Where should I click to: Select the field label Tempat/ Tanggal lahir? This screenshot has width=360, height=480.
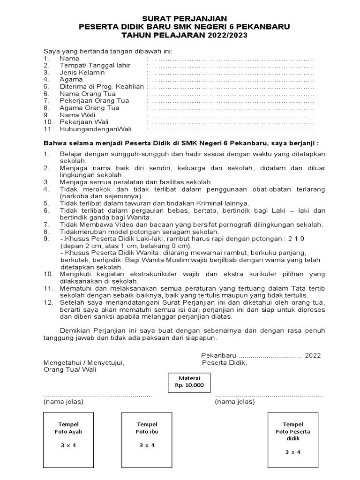point(95,66)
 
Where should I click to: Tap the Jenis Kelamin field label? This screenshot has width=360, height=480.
point(82,73)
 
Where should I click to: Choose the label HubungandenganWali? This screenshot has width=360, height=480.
point(96,129)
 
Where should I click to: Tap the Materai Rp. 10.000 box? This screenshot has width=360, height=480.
point(189,382)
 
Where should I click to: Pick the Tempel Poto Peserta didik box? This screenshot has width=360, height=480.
point(292,438)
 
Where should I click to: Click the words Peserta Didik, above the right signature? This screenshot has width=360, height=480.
point(224,363)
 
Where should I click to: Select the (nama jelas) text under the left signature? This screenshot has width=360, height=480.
point(63,402)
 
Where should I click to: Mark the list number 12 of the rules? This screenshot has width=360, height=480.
point(48,302)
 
